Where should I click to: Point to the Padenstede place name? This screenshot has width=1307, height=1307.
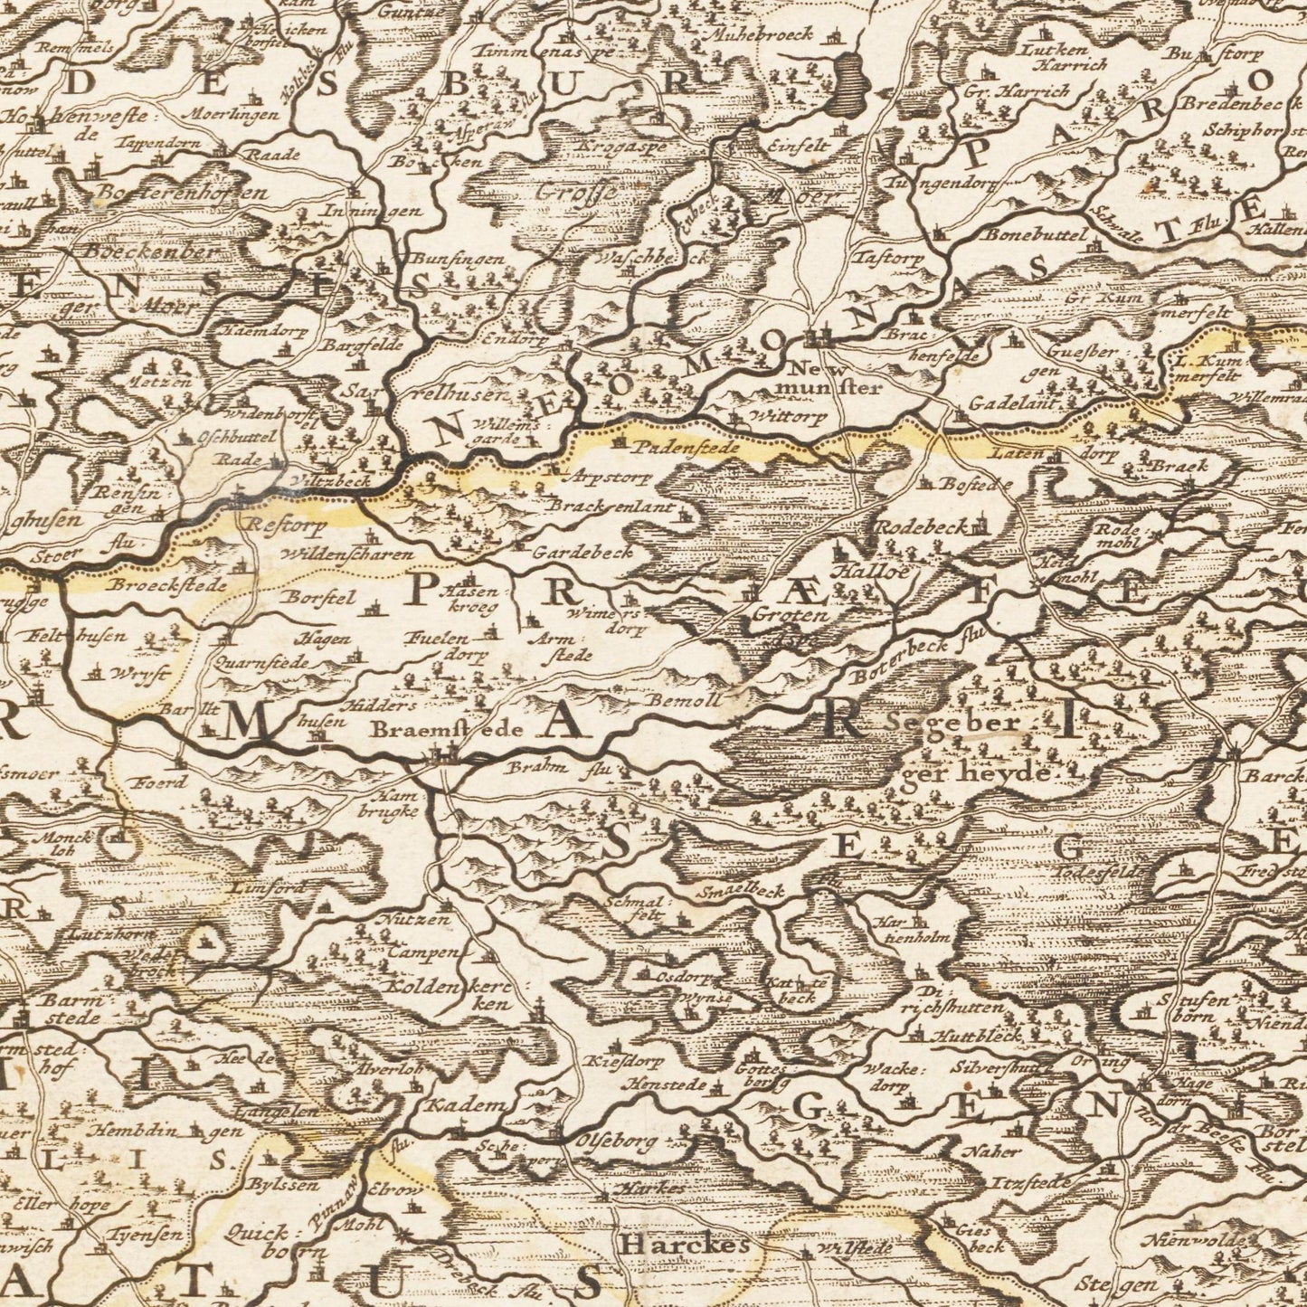pos(687,447)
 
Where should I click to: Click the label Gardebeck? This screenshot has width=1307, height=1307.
pos(582,551)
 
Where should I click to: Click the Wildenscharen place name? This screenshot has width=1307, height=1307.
pos(346,554)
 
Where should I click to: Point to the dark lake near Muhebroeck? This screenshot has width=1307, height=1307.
pos(849,80)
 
